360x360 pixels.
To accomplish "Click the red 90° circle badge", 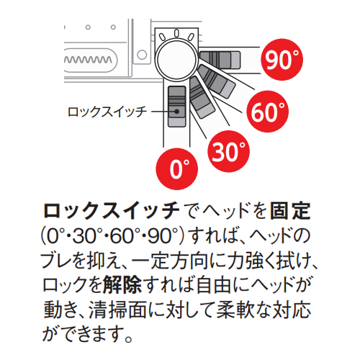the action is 282,60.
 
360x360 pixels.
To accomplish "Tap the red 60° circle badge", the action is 268,112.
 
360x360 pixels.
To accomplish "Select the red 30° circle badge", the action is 229,151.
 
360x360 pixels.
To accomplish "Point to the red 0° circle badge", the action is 177,169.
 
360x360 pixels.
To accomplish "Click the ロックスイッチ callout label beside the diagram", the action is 107,112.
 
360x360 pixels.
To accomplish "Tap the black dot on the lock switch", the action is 177,112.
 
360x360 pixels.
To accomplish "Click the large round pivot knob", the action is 176,60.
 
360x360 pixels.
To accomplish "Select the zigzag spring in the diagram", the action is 88,60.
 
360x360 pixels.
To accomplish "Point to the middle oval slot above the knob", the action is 176,33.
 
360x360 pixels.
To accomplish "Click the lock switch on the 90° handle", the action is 220,60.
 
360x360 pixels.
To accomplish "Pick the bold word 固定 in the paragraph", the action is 290,211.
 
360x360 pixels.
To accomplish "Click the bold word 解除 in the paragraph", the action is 122,284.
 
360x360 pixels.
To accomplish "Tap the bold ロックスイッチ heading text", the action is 112,211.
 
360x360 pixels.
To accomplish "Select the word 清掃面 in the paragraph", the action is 117,310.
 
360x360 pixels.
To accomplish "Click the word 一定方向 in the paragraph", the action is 170,260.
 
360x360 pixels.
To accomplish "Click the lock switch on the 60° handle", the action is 216,81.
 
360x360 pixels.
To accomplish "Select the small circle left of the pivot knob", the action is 142,55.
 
